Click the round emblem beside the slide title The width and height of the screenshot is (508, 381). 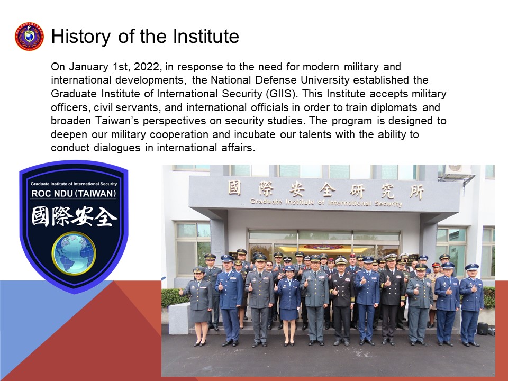point(29,37)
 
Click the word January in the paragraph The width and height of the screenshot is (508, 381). point(87,67)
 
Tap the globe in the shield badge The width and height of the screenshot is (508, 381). point(74,253)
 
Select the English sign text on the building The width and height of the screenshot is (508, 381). point(326,202)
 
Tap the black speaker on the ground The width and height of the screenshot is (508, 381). point(482,329)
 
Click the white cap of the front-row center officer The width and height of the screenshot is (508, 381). point(341,261)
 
